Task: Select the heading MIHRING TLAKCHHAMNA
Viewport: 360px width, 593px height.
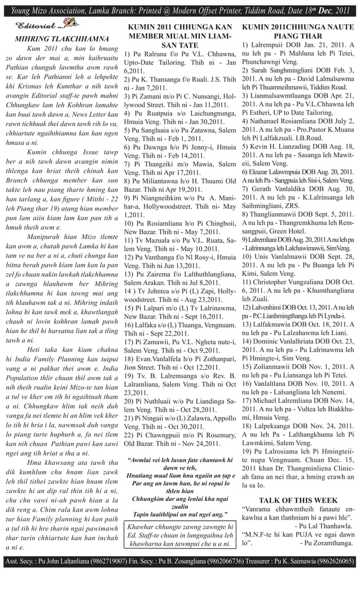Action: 63,40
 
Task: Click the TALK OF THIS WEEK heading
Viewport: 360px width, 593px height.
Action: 298,500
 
